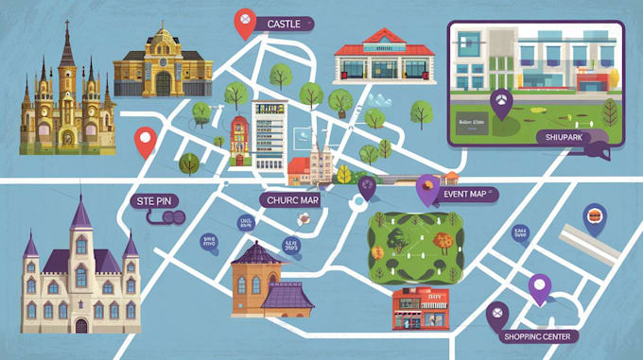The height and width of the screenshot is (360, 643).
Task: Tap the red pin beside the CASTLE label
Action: (245, 23)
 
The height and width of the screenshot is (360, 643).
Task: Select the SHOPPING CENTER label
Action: (542, 336)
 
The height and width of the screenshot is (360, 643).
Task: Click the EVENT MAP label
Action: (469, 194)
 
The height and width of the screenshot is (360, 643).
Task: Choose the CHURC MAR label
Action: (291, 199)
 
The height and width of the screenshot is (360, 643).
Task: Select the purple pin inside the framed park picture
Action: (500, 100)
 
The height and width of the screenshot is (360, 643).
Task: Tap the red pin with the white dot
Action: (145, 141)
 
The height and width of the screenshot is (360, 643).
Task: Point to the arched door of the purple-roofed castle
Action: (81, 324)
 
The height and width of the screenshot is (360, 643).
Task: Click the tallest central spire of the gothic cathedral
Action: (67, 47)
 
